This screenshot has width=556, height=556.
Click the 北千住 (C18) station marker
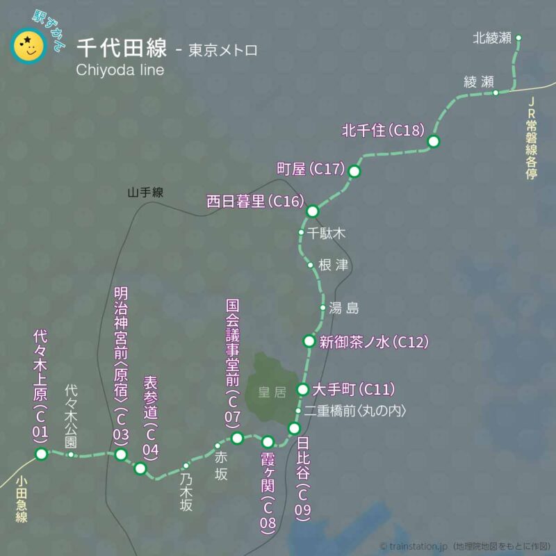(434, 141)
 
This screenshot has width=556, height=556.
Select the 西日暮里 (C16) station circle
(313, 211)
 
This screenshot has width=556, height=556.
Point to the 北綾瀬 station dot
(518, 38)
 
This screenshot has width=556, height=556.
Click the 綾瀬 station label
(478, 81)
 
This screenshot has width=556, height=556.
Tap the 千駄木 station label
(327, 234)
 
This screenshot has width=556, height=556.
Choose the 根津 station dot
(310, 265)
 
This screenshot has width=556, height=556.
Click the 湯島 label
(344, 307)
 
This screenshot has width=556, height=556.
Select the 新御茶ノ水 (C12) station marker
(309, 341)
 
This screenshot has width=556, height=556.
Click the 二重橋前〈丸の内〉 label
(354, 411)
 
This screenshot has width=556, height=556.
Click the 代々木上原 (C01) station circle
(41, 454)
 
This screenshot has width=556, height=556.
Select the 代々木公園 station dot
(71, 455)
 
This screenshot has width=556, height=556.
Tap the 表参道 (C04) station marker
(140, 468)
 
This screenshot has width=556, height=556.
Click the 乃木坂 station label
(186, 496)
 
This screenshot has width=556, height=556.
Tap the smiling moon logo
(28, 45)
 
